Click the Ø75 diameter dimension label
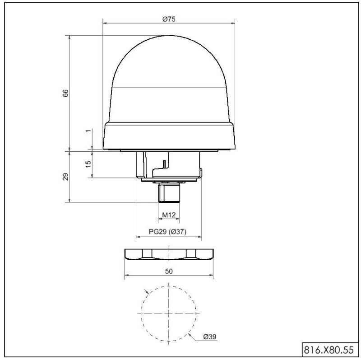[x=169, y=19]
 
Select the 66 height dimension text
[x=65, y=94]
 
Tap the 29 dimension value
[x=65, y=177]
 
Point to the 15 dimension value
[x=88, y=164]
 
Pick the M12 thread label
[x=169, y=215]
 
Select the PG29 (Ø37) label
[x=168, y=232]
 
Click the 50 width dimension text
[x=169, y=271]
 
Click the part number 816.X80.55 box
[x=329, y=349]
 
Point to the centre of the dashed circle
[x=169, y=313]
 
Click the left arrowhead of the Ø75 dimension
[x=105, y=22]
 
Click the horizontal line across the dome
[x=169, y=87]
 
